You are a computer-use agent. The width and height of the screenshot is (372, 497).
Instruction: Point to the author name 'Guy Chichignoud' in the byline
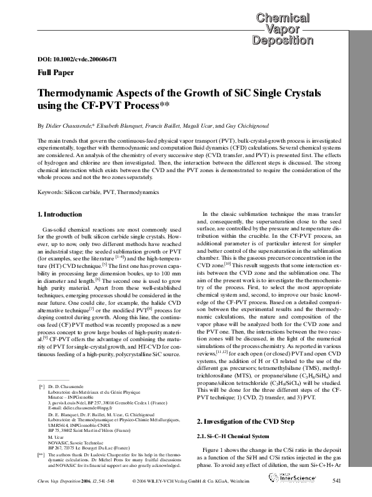click(x=250, y=125)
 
